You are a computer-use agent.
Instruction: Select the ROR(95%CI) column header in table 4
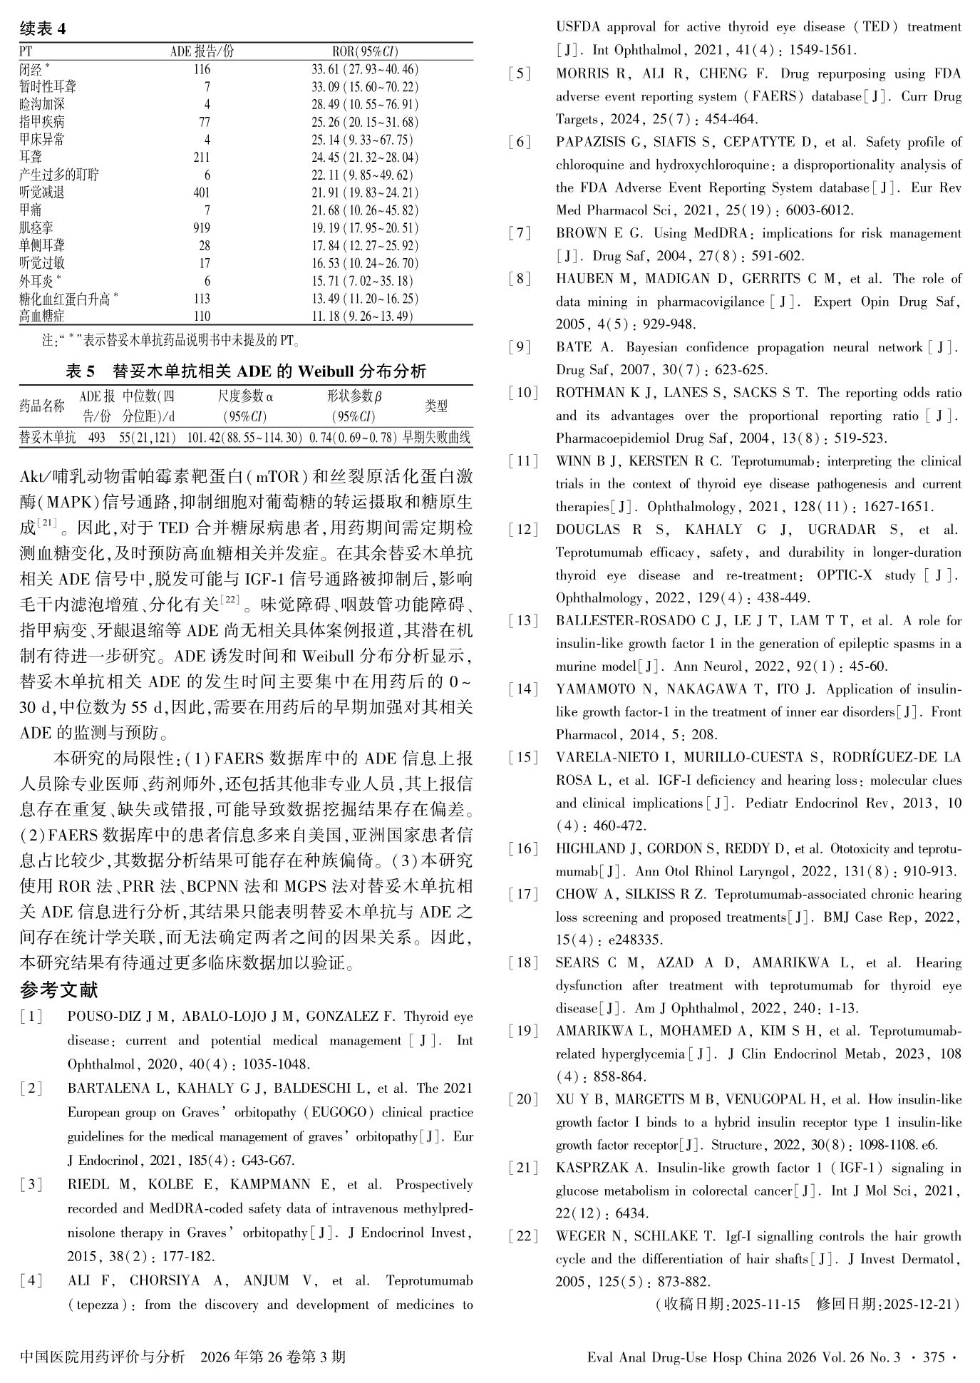tap(365, 51)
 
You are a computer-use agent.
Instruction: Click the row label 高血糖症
tap(42, 317)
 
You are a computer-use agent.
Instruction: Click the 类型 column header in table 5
tap(436, 406)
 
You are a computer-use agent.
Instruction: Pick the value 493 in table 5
tap(96, 437)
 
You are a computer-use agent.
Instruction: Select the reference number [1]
tap(31, 1017)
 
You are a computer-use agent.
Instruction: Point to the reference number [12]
tap(524, 530)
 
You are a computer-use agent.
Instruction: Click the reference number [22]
tap(524, 1236)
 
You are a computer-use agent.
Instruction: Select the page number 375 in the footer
tap(933, 1357)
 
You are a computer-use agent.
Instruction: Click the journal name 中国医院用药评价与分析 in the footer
tap(103, 1357)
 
